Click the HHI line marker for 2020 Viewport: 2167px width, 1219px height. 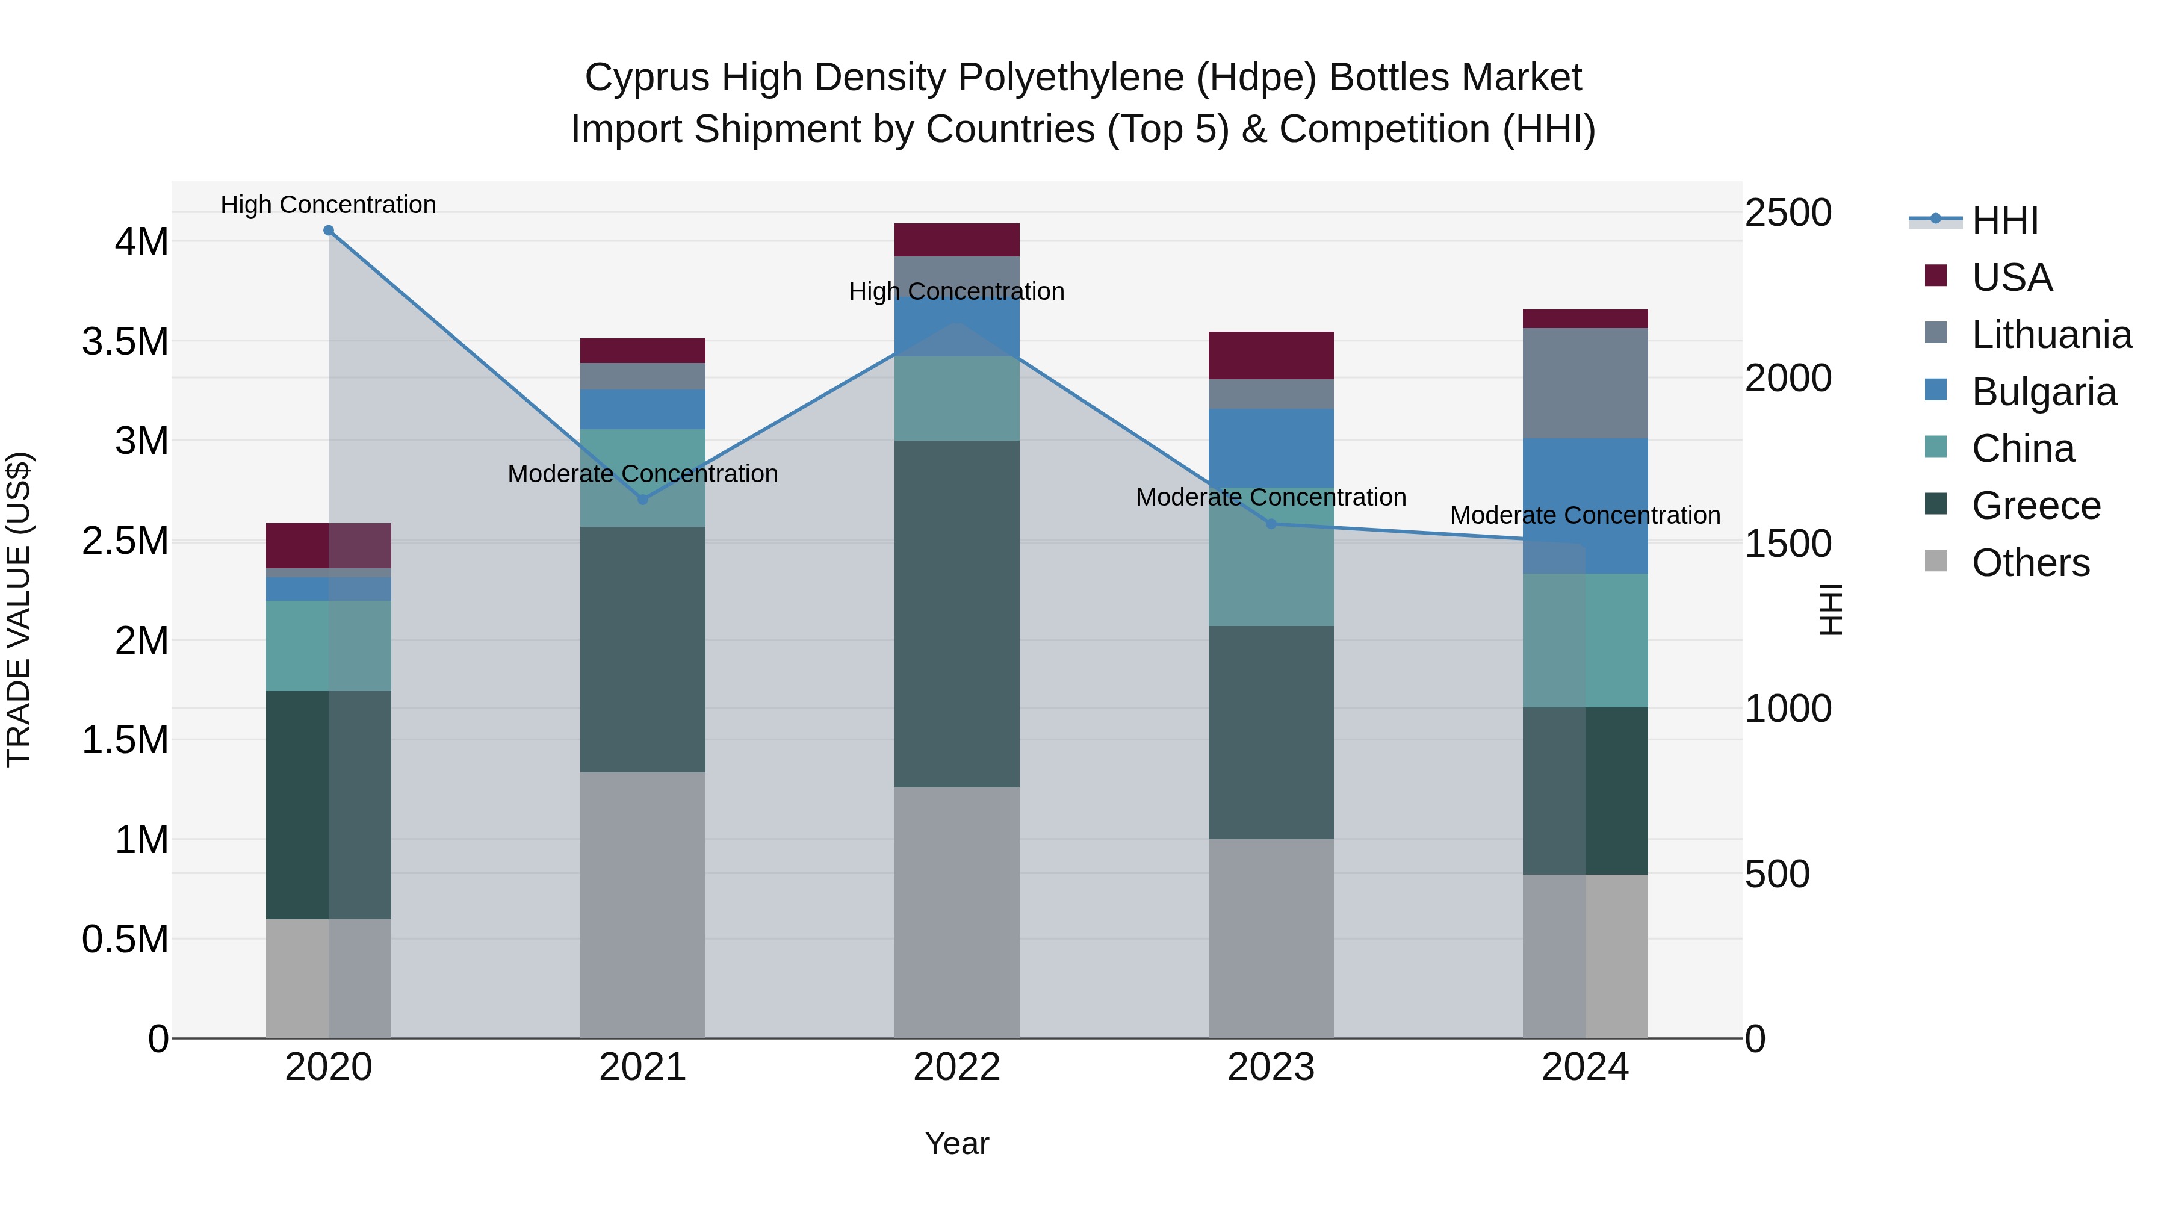[328, 231]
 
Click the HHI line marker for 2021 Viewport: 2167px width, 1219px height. [643, 499]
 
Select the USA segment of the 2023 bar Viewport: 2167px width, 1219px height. [1271, 355]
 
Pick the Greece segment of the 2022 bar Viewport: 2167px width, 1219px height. [956, 614]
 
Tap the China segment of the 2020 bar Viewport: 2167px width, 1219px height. [328, 645]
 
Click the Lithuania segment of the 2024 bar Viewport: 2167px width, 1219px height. [1585, 383]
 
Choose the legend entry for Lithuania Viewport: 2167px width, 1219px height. [2051, 335]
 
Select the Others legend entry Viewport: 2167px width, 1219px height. [2029, 563]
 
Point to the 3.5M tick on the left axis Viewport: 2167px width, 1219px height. [125, 341]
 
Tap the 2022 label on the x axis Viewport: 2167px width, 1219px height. [956, 1067]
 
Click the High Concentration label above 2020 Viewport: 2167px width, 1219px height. [328, 205]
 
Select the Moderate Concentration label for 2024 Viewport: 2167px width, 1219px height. [1585, 515]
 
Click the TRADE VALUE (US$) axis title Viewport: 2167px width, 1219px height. [19, 609]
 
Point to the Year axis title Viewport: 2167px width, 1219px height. [956, 1143]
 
